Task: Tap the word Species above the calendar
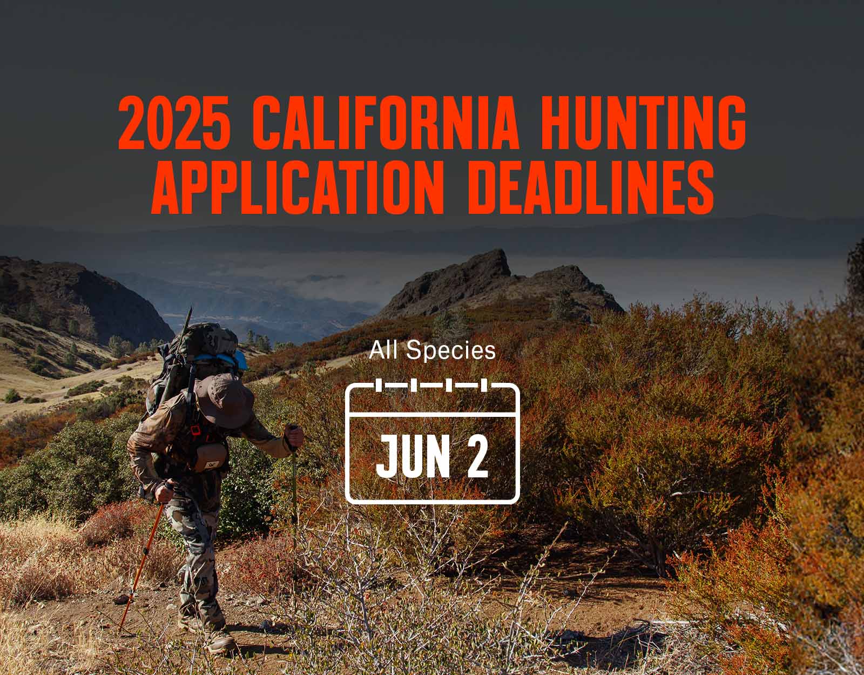(451, 352)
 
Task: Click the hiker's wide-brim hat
(225, 400)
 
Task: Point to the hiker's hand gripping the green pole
(295, 436)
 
